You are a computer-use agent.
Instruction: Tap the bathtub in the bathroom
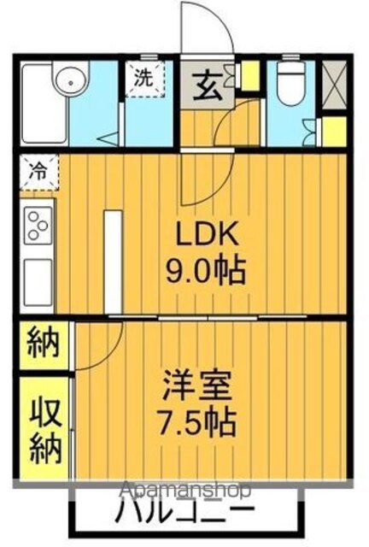click(x=44, y=104)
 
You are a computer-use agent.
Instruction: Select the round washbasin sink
click(x=72, y=83)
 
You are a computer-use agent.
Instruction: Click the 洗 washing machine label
click(x=143, y=78)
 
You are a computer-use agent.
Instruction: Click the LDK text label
click(x=208, y=233)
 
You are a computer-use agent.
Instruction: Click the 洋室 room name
click(x=197, y=385)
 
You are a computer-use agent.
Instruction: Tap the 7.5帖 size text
click(x=196, y=421)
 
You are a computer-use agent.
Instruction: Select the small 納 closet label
click(x=44, y=342)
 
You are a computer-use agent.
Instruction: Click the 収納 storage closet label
click(x=45, y=431)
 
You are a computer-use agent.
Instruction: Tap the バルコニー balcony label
click(x=184, y=512)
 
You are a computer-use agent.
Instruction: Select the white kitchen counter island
click(x=113, y=262)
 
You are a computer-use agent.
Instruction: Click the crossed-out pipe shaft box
click(x=334, y=85)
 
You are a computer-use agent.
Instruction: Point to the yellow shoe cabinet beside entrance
click(x=250, y=75)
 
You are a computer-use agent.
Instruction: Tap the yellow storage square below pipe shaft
click(x=334, y=132)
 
